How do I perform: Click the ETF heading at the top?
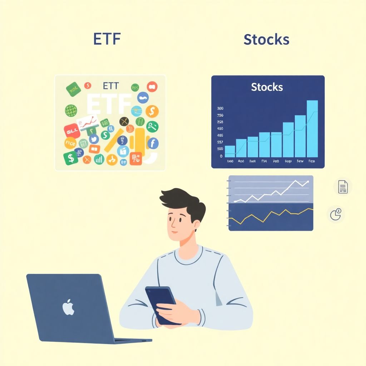click(107, 39)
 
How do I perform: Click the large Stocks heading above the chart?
click(266, 39)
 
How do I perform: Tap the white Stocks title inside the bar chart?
click(267, 87)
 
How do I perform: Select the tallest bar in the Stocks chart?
click(312, 129)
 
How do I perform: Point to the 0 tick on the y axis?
click(221, 156)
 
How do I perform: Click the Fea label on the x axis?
click(311, 162)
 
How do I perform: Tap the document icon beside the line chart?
click(343, 187)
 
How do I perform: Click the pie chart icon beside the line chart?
click(336, 214)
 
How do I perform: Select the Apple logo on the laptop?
click(68, 308)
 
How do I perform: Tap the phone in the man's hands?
click(163, 304)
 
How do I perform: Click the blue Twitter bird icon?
click(94, 139)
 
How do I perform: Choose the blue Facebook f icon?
click(153, 144)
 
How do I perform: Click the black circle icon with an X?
click(125, 122)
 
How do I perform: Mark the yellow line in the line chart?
click(272, 214)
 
